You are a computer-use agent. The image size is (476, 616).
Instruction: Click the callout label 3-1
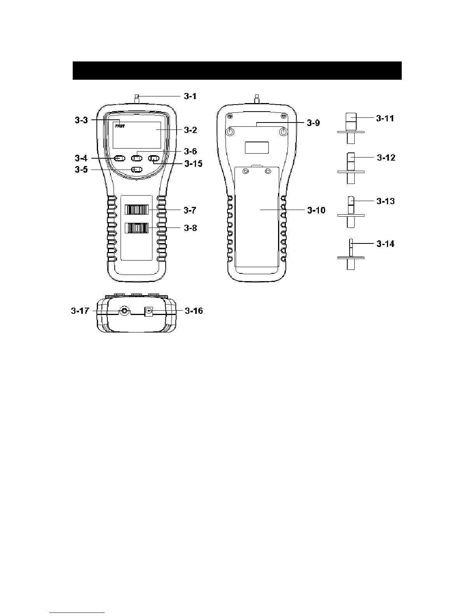tap(190, 96)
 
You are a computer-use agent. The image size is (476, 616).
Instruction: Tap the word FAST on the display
tap(120, 126)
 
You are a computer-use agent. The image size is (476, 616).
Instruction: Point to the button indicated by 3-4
tap(120, 158)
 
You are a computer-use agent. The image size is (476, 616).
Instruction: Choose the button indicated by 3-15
tap(154, 158)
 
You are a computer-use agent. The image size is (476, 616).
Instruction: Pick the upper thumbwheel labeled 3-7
tap(136, 210)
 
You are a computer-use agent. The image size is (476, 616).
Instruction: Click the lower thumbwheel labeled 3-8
tap(136, 227)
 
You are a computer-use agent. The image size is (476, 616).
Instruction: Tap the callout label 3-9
tap(313, 123)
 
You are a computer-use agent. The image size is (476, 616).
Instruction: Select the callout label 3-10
tap(316, 210)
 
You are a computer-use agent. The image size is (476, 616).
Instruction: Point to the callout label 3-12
tap(386, 158)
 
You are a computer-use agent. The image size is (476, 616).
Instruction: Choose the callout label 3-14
tap(385, 244)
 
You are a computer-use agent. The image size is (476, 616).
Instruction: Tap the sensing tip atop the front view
tap(137, 97)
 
